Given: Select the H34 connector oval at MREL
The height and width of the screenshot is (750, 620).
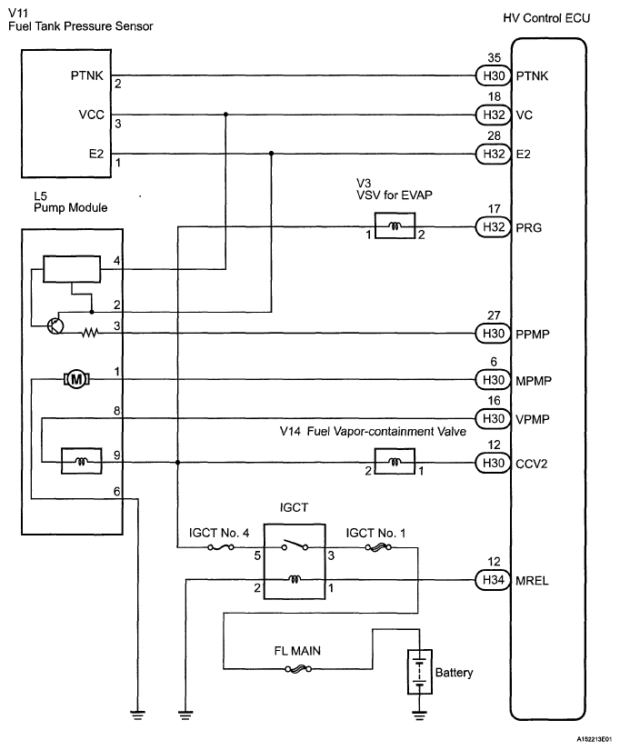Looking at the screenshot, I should (493, 579).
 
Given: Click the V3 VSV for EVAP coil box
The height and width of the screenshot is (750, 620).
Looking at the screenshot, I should (395, 225).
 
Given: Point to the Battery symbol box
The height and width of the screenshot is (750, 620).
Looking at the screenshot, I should (418, 673).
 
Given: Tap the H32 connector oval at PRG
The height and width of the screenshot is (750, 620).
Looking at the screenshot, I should (493, 226).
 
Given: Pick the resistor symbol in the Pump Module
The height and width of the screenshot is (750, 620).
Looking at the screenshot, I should (90, 333).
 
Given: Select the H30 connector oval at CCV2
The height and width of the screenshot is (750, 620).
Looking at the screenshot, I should (493, 463).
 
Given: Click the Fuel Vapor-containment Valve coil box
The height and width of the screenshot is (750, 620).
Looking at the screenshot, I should (395, 463).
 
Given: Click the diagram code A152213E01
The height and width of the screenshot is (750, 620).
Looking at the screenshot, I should (592, 742).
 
